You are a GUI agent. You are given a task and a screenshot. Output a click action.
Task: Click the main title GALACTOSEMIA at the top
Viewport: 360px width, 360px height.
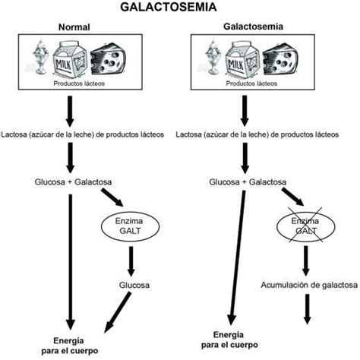pos(169,7)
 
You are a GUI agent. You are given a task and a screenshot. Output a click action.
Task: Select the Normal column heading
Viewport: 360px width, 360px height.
pos(74,27)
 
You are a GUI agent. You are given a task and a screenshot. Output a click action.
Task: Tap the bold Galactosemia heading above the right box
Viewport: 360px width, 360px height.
pos(253,27)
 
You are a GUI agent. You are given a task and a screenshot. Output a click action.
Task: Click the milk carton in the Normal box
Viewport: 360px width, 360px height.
pos(70,60)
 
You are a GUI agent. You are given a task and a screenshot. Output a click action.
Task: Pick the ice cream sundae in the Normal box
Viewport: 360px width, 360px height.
pos(40,57)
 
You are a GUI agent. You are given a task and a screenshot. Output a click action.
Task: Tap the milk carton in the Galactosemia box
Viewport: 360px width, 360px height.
pos(242,60)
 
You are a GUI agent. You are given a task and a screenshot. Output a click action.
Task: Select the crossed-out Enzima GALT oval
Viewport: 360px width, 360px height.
pos(305,226)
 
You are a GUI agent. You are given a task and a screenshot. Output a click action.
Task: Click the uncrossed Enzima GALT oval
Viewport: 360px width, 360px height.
pos(130,226)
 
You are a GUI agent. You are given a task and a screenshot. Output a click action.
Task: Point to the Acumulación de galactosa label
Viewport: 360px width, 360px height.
pos(309,285)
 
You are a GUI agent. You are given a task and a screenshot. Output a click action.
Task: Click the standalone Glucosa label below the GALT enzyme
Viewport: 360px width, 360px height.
pos(134,285)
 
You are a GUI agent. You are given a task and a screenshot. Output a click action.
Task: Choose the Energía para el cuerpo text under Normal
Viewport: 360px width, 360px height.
pos(69,346)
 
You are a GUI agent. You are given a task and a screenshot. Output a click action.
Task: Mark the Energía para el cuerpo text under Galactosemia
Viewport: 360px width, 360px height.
pos(229,339)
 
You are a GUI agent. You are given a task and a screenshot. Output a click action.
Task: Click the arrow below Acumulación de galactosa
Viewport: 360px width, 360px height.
pos(308,309)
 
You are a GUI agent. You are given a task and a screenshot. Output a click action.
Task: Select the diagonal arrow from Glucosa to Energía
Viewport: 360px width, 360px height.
pos(118,312)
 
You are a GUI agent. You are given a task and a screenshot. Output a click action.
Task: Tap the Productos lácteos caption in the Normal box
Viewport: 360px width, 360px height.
pos(79,84)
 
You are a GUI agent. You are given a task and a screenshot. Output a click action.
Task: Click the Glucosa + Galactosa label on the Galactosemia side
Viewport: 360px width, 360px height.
pos(248,182)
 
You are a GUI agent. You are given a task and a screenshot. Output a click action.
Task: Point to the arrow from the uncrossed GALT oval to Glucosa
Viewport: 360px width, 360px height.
pos(131,261)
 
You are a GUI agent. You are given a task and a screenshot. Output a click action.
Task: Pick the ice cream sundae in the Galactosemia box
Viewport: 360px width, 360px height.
pos(213,57)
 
